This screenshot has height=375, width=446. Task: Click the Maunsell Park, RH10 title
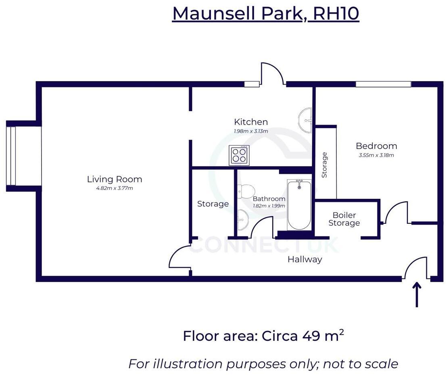point(265,14)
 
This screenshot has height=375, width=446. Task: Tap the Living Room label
point(115,179)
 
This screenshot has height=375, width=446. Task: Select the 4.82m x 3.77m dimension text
point(115,188)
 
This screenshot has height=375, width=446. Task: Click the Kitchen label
point(251,122)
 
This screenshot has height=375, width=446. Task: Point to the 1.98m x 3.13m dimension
point(251,131)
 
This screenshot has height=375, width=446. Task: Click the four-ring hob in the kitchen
point(238,155)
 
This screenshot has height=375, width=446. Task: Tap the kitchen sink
point(306,120)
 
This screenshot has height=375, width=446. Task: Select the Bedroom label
point(376,146)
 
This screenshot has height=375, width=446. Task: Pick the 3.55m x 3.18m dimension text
point(376,155)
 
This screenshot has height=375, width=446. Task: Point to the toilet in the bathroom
point(245,191)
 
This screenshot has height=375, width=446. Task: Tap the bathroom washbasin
point(243,220)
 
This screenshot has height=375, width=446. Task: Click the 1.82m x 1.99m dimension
point(269,206)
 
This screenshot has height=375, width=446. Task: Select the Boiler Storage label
point(344,219)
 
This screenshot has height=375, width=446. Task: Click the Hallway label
point(305,259)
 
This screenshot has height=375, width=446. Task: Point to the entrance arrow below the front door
point(417,294)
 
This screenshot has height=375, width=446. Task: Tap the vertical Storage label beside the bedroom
point(325,165)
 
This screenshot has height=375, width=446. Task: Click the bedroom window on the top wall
point(383,84)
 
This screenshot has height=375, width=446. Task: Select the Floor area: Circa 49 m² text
point(263,335)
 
